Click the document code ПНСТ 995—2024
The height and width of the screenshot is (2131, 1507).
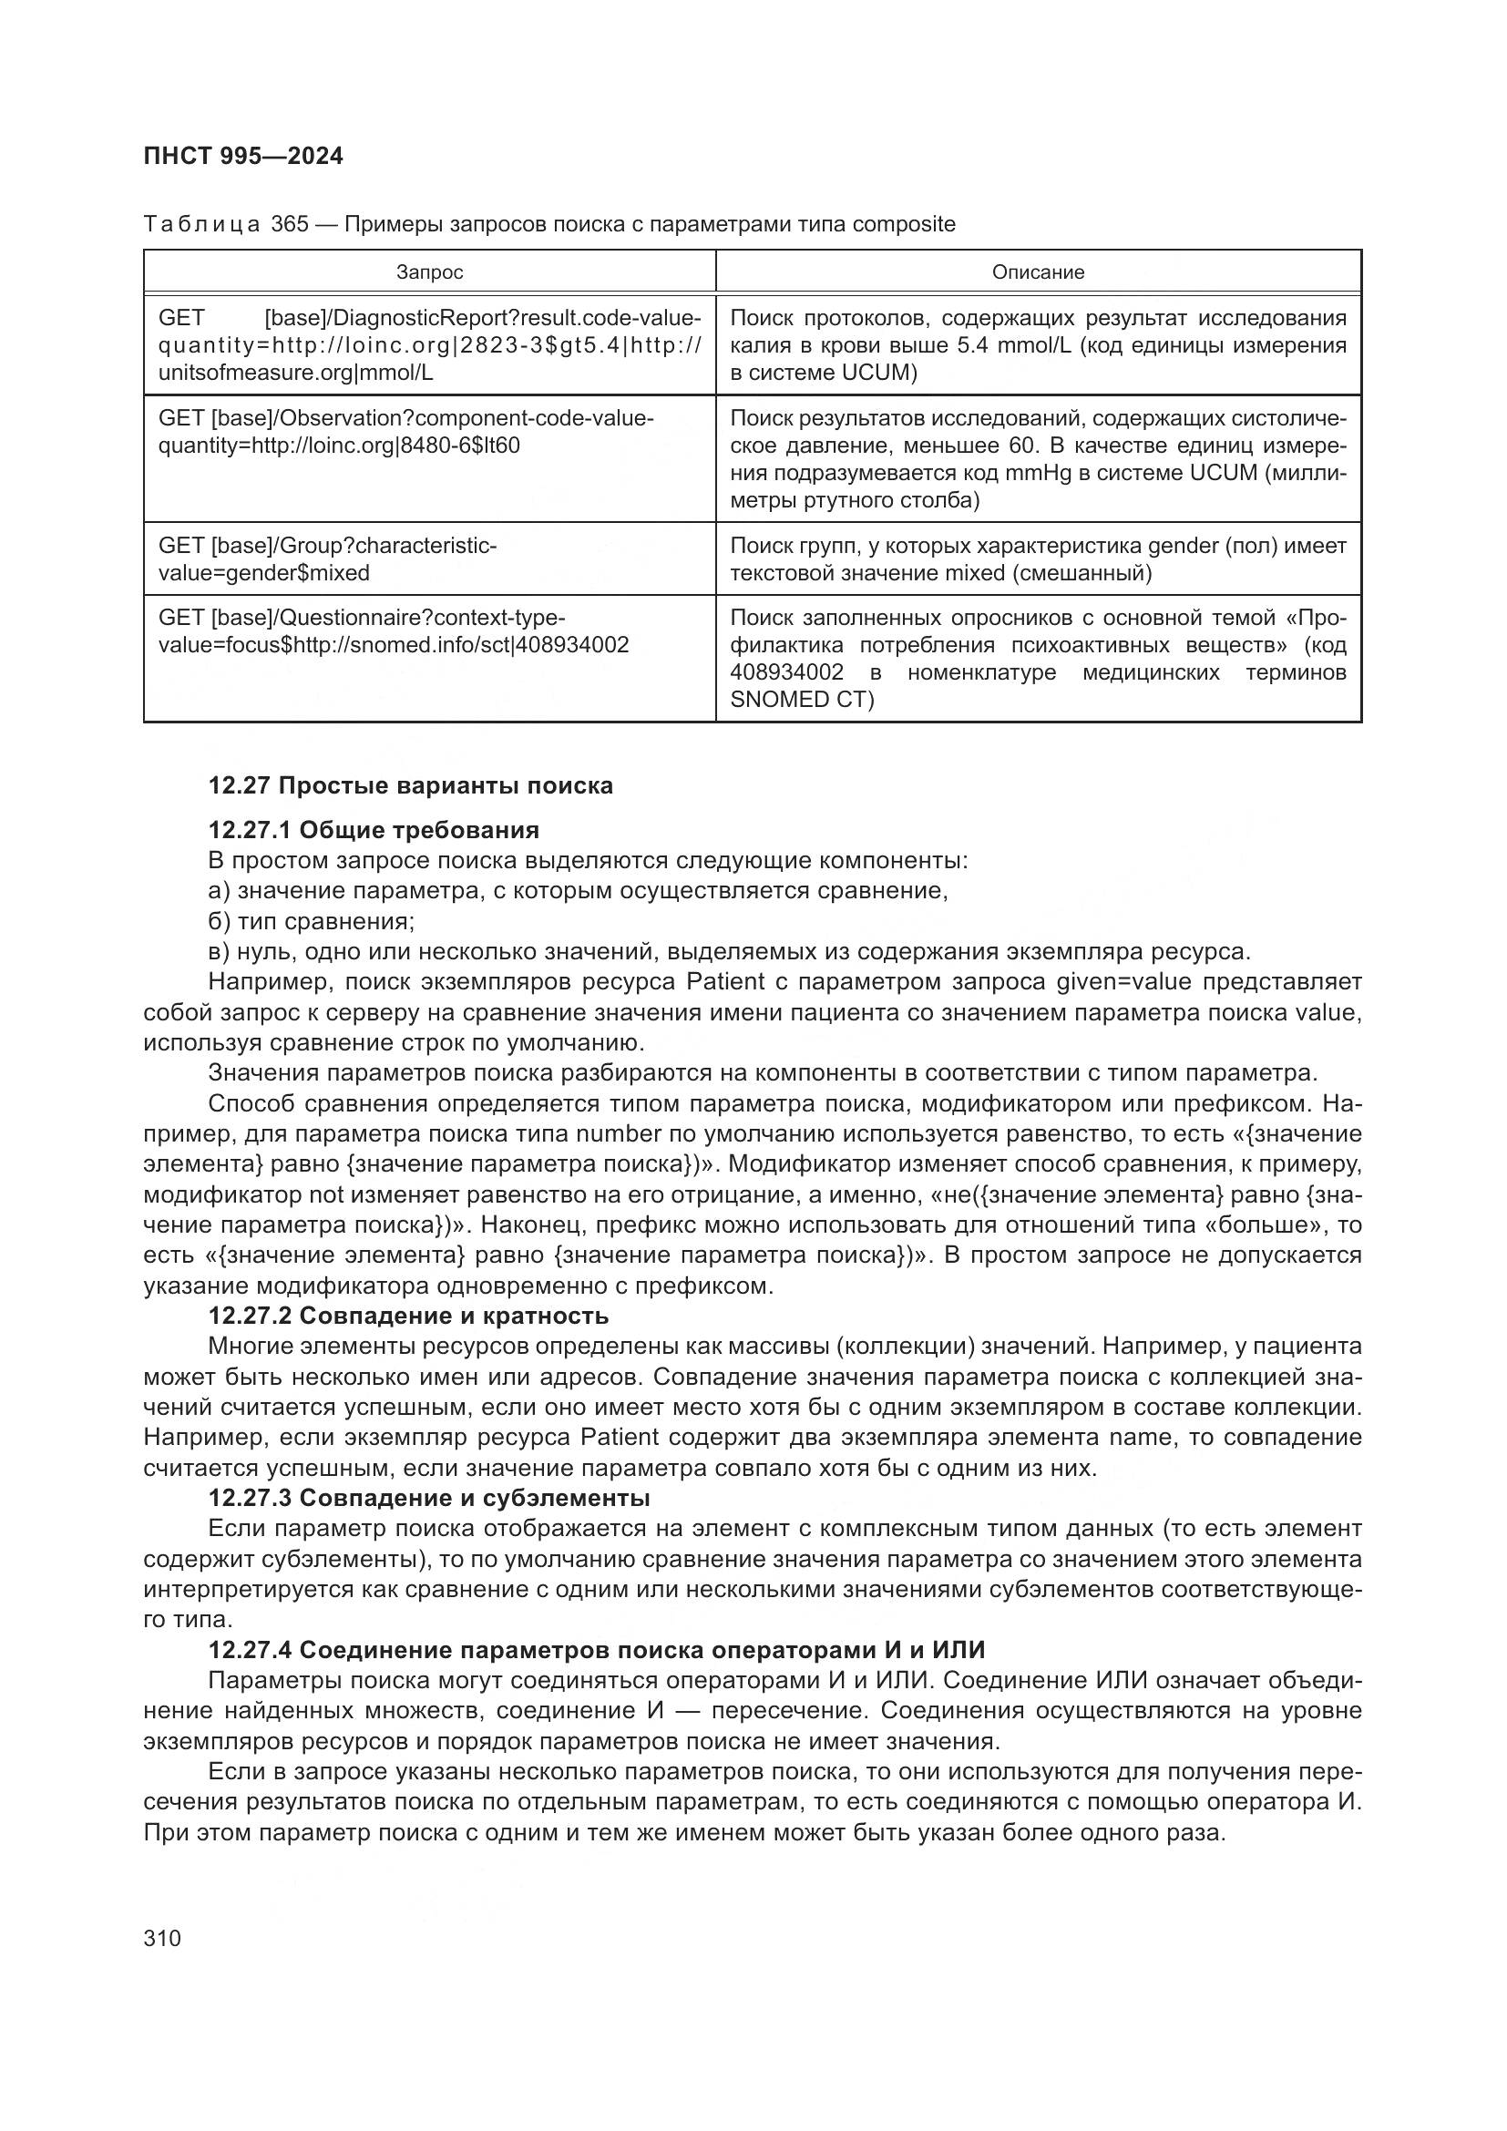(x=243, y=156)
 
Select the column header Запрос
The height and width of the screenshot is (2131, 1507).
(x=429, y=271)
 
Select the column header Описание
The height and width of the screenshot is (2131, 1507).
(x=1038, y=271)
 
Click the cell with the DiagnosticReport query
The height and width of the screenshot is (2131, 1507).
(x=429, y=345)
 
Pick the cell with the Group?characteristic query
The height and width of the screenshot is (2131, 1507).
(x=429, y=558)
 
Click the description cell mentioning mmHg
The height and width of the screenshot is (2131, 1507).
(x=1038, y=458)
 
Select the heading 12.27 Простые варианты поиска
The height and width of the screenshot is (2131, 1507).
(x=410, y=786)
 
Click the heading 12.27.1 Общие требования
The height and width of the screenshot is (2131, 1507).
(x=373, y=829)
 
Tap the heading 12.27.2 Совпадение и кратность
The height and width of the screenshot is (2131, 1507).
(x=408, y=1317)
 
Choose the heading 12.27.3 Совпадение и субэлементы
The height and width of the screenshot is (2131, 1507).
(x=429, y=1498)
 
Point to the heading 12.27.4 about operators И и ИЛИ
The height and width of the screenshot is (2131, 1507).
(x=596, y=1650)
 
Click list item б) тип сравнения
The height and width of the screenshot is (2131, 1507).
(x=311, y=922)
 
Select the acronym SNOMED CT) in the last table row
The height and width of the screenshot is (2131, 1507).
(x=802, y=699)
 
